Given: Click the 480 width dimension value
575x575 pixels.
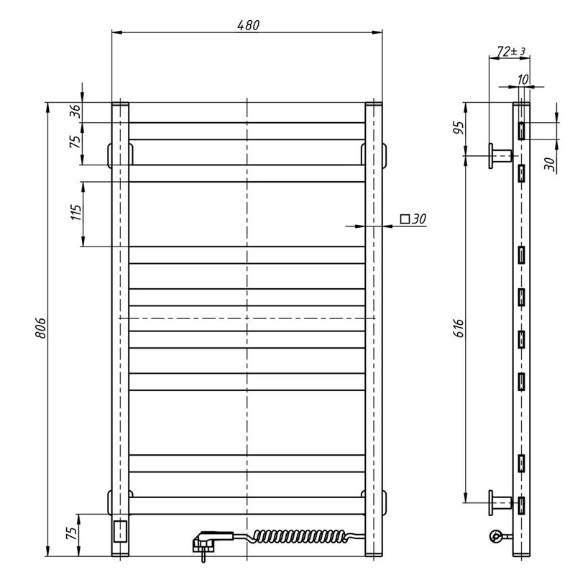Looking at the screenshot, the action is pyautogui.click(x=248, y=25).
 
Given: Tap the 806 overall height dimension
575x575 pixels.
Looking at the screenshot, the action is pyautogui.click(x=40, y=328).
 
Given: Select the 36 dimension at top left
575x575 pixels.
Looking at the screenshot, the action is pyautogui.click(x=75, y=111).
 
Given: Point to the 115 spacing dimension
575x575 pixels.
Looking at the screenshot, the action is pyautogui.click(x=76, y=213).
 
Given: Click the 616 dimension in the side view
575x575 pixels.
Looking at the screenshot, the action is pyautogui.click(x=459, y=328).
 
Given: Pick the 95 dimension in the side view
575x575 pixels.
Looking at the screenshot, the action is pyautogui.click(x=459, y=127).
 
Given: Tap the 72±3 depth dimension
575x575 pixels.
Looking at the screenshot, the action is pyautogui.click(x=511, y=51).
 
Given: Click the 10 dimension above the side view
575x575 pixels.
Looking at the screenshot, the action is pyautogui.click(x=523, y=79).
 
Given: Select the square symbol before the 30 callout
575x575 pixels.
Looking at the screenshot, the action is pyautogui.click(x=405, y=219).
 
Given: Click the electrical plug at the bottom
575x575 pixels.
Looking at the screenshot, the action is pyautogui.click(x=207, y=542).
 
